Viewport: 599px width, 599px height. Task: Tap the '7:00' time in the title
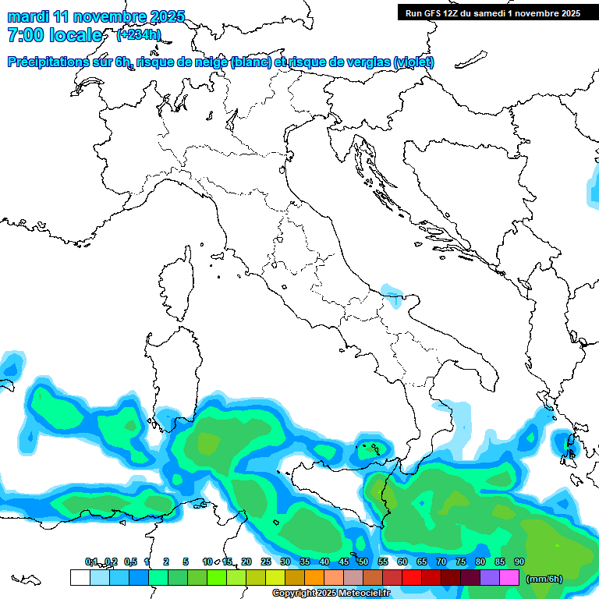(25, 36)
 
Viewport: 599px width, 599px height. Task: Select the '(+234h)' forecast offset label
(139, 35)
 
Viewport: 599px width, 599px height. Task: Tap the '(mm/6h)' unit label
(544, 579)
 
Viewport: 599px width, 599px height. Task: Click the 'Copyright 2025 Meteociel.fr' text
(331, 594)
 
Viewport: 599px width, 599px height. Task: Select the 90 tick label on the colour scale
(519, 562)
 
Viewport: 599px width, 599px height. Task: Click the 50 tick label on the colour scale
(363, 562)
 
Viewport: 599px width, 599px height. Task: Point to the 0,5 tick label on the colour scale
(129, 562)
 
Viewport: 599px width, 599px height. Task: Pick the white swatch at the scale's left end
(80, 578)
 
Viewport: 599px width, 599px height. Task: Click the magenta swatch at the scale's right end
(509, 578)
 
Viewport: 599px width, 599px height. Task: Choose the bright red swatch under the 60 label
(412, 578)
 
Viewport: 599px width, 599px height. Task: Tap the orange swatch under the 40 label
(314, 578)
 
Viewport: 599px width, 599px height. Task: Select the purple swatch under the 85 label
(490, 578)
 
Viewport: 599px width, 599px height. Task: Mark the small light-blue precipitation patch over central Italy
(390, 292)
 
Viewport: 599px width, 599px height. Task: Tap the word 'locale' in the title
(76, 36)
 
